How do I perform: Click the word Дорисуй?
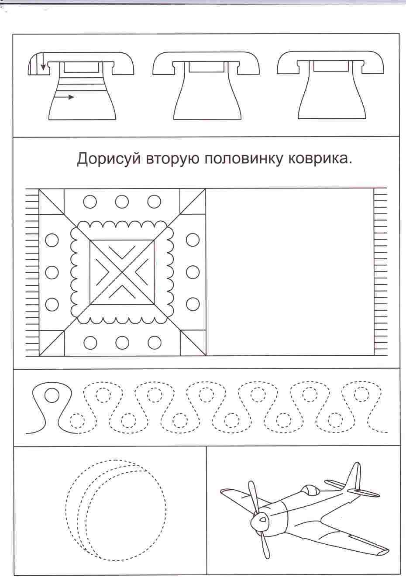(x=109, y=159)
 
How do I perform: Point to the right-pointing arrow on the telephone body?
(x=64, y=97)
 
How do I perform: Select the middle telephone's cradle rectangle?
(x=206, y=67)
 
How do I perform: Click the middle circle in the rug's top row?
(x=122, y=202)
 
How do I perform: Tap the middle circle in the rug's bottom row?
(x=122, y=343)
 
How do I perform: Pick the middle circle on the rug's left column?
(x=52, y=272)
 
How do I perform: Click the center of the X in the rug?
(x=122, y=272)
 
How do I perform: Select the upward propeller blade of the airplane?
(x=254, y=489)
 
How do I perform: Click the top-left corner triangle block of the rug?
(x=51, y=202)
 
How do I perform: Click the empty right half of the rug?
(x=290, y=272)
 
